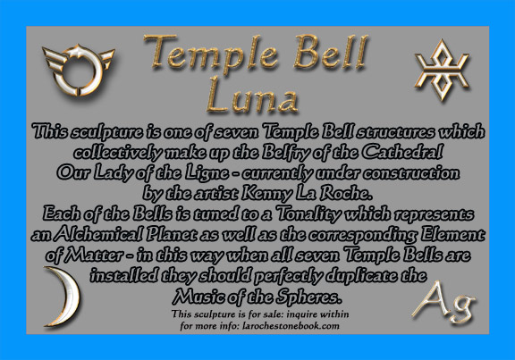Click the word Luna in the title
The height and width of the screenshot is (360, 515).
coord(252,96)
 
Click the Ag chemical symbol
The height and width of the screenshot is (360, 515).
coord(443,302)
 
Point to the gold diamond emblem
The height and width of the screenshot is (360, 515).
coord(442,70)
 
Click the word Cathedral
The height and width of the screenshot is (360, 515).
coord(402,152)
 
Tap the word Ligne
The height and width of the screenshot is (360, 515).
coord(207,173)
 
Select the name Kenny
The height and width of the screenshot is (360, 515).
coord(266,194)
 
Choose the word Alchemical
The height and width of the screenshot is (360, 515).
coord(97,234)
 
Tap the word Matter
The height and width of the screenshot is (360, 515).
coord(94,255)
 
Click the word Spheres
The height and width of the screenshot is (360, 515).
coord(308,297)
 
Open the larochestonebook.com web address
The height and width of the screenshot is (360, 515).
coord(291,326)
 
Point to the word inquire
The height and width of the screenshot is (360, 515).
coord(302,314)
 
